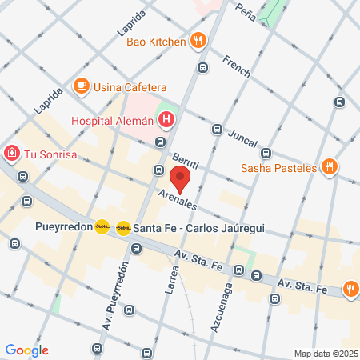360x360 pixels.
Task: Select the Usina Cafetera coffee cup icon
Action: (81, 86)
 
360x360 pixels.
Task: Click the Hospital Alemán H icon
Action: (166, 121)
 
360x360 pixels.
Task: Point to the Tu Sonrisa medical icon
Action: (12, 153)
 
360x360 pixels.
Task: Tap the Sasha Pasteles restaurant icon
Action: (330, 168)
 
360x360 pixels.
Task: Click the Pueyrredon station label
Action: (63, 227)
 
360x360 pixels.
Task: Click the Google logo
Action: (26, 350)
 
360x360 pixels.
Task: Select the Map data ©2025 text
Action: (323, 354)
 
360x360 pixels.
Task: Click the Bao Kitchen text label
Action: (156, 41)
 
